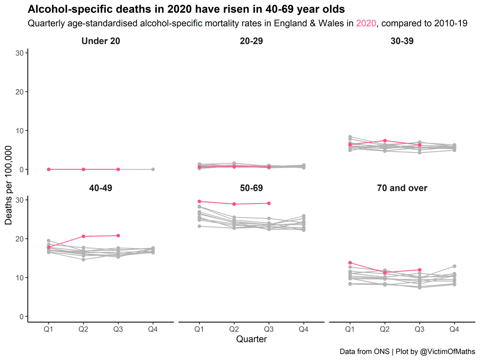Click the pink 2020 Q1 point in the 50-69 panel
tap(199, 201)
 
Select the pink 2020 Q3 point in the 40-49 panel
tap(118, 236)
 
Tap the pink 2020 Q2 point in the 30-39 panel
tap(385, 140)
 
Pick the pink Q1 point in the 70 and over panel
tap(350, 263)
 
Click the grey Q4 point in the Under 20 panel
tap(153, 169)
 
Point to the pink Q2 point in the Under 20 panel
tap(84, 169)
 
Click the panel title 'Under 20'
tap(100, 41)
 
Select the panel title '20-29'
tap(251, 41)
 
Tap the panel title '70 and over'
tap(402, 188)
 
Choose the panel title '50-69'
tap(251, 188)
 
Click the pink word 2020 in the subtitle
tap(366, 23)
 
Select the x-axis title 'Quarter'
tap(251, 339)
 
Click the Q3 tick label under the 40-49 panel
tap(118, 329)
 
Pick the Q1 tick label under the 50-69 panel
tap(199, 329)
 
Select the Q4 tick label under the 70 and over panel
tap(454, 329)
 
